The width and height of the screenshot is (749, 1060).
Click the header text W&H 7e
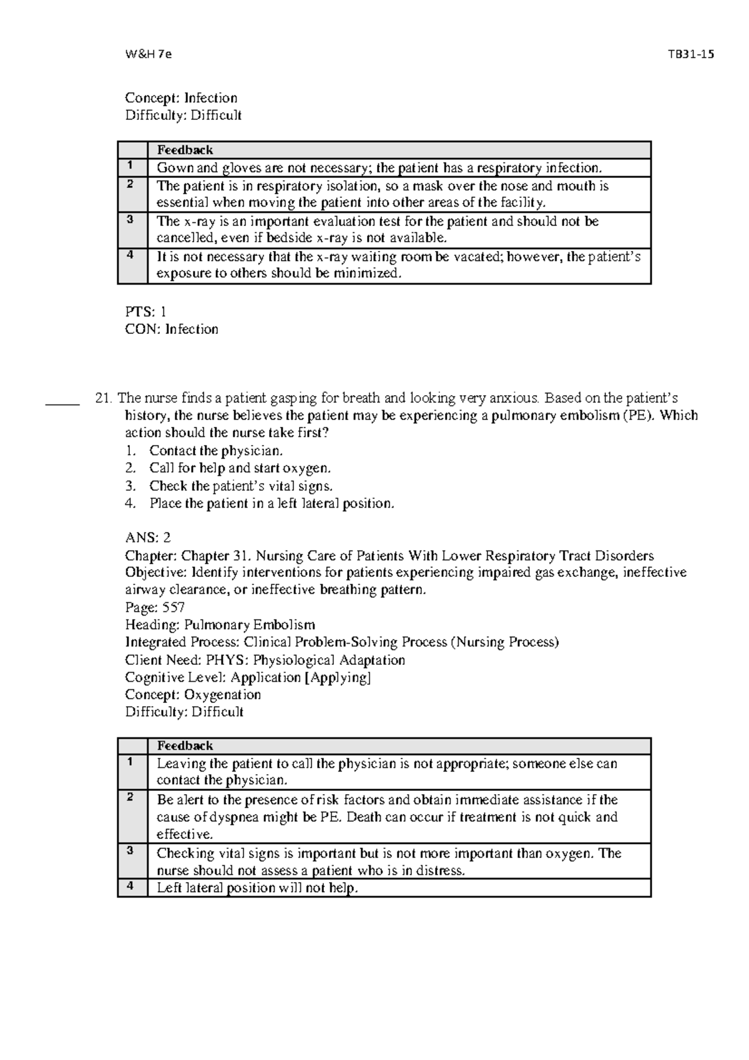(x=147, y=54)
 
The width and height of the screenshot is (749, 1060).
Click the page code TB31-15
(x=690, y=54)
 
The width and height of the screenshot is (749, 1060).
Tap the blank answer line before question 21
(x=63, y=403)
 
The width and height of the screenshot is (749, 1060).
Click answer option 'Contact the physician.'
(x=216, y=451)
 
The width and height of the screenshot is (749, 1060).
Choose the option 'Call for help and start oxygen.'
(x=240, y=468)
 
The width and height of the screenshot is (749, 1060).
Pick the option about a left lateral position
(x=272, y=503)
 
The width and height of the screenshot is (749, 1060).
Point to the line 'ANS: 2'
(x=148, y=537)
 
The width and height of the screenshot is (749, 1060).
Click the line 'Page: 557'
(x=155, y=607)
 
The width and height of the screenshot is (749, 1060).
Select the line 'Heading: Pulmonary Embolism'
(x=220, y=625)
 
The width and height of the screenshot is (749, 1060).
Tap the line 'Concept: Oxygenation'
(x=193, y=695)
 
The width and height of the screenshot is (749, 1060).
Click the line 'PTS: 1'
(x=145, y=312)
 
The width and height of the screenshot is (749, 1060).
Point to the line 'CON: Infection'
(x=172, y=329)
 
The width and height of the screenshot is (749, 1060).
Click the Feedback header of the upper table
(x=185, y=150)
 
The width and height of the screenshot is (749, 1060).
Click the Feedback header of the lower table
(x=185, y=745)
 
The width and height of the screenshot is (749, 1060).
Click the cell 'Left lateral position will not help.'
(x=257, y=888)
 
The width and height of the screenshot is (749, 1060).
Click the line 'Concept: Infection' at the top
(x=181, y=98)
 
